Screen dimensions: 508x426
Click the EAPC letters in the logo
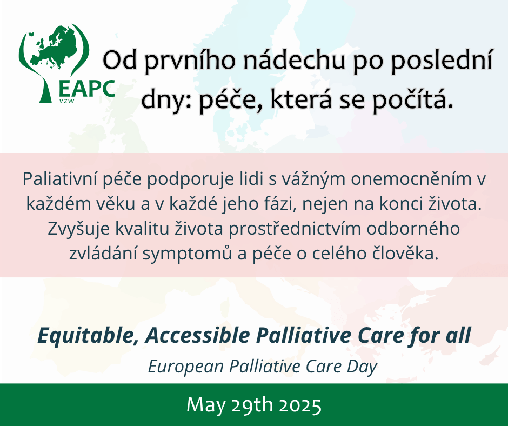pyautogui.click(x=87, y=89)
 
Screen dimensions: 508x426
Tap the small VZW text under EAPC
pyautogui.click(x=66, y=101)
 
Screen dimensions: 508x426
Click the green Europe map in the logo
pyautogui.click(x=53, y=47)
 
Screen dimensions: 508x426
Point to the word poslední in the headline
pyautogui.click(x=442, y=61)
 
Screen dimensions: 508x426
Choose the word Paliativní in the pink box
pyautogui.click(x=60, y=178)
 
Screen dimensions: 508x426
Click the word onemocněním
pyautogui.click(x=411, y=178)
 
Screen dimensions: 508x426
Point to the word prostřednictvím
pyautogui.click(x=295, y=229)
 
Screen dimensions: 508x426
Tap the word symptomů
pyautogui.click(x=188, y=254)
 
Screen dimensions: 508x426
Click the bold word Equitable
pyautogui.click(x=86, y=336)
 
